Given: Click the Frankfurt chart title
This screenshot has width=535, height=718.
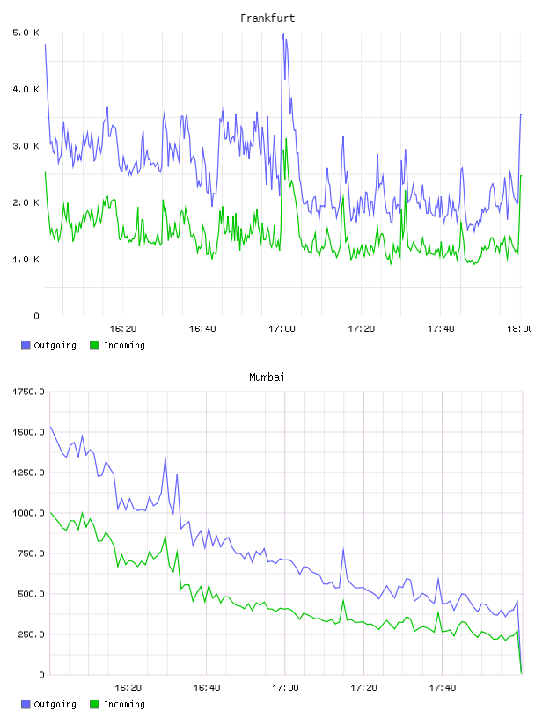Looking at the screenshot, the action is coord(267,18).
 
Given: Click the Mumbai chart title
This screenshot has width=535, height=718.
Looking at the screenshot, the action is coord(267,377).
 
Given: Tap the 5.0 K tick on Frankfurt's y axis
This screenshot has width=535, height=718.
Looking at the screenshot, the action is coord(26,33).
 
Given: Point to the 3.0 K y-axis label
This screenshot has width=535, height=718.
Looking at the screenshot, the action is coord(26,146).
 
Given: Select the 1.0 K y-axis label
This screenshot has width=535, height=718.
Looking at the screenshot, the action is coord(26,260).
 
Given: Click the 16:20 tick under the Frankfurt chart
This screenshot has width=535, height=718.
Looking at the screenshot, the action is coord(123,328).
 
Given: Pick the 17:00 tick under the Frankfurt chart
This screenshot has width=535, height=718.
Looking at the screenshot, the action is coord(282,328).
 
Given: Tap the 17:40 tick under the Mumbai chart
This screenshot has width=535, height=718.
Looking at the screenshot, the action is coord(443,687).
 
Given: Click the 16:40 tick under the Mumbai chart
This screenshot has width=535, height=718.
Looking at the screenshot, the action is coord(207,687).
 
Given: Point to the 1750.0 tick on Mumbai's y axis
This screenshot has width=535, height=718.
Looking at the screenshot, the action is coord(28,392).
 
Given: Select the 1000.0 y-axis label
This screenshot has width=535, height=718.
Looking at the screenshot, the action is coord(28,513).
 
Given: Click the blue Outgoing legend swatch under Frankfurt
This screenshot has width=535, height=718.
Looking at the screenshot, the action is coord(26,345).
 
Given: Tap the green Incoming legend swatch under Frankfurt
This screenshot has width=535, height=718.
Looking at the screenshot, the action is coord(94,345).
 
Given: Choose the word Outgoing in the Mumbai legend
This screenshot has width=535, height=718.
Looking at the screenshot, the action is coord(55,704).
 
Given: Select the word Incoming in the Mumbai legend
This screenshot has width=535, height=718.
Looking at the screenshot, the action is coord(124,704).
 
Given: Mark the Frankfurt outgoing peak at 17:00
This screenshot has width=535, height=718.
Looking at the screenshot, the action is coord(283,33).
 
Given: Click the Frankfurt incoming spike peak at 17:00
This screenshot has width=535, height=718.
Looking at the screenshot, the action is coord(286,138).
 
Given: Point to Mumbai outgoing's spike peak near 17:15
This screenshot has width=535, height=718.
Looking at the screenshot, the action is coord(343,549).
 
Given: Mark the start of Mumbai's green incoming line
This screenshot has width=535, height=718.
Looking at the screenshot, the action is coord(50,513).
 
